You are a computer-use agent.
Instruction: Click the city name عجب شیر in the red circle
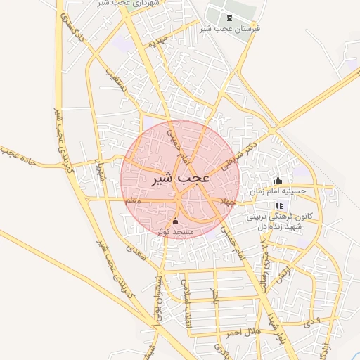pyautogui.click(x=181, y=179)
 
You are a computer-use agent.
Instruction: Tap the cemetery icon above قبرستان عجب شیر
pyautogui.click(x=229, y=18)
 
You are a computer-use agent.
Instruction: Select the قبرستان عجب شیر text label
pyautogui.click(x=229, y=29)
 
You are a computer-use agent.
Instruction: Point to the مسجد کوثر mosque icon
pyautogui.click(x=175, y=221)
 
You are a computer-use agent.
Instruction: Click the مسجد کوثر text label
pyautogui.click(x=173, y=231)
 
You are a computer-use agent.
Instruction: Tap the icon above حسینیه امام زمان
pyautogui.click(x=278, y=180)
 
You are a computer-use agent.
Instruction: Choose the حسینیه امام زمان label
pyautogui.click(x=278, y=191)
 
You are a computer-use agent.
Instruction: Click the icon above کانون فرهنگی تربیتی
pyautogui.click(x=279, y=206)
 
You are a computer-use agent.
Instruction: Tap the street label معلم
pyautogui.click(x=133, y=201)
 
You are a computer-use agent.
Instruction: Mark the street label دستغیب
pyautogui.click(x=120, y=88)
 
